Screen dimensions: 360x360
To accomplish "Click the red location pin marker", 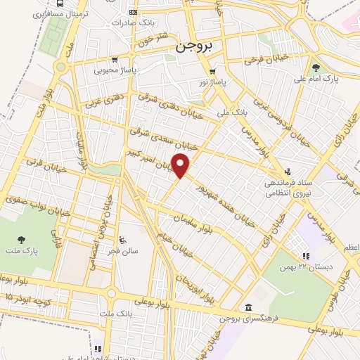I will (x=182, y=166).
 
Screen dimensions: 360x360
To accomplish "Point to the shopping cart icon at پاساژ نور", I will (x=212, y=72).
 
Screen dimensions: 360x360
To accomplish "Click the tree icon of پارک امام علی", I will (x=316, y=68).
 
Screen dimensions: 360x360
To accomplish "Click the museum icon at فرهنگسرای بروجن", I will (x=249, y=307).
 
